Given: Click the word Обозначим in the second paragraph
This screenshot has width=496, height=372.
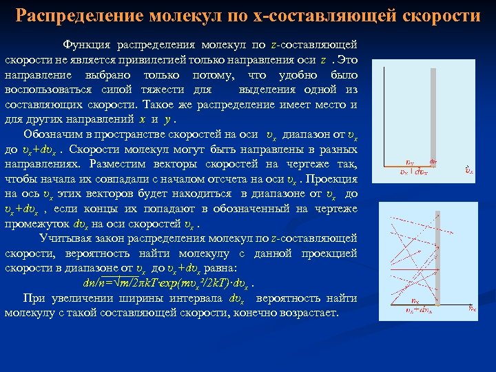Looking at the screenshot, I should [x=51, y=134].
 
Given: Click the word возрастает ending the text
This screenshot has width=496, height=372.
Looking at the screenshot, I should [x=307, y=313].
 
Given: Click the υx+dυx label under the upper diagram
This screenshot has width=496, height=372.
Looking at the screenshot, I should [x=413, y=172].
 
